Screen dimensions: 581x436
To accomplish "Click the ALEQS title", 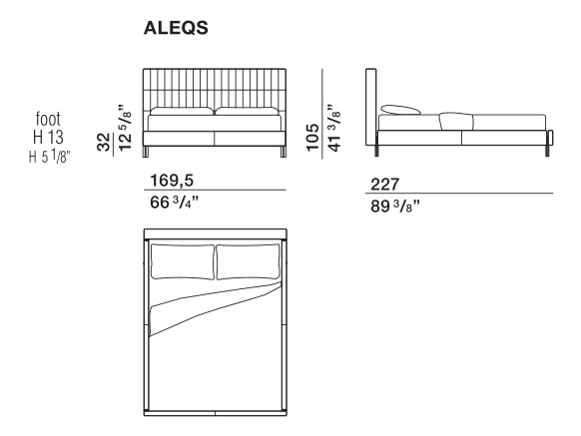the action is point(176,28).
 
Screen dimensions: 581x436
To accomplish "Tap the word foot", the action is point(48,119).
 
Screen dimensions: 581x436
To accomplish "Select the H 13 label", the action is point(48,137).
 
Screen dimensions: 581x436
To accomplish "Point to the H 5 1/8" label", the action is point(49,156).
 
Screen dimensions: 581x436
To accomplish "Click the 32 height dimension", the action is point(104,143).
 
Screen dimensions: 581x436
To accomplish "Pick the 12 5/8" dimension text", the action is point(125,128).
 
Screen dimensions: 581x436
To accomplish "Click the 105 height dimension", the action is point(312,138).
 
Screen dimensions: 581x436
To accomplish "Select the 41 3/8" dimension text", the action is point(333,128).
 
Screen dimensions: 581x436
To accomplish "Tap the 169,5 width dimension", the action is point(172,181).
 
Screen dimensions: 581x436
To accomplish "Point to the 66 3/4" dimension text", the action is point(174,203).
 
